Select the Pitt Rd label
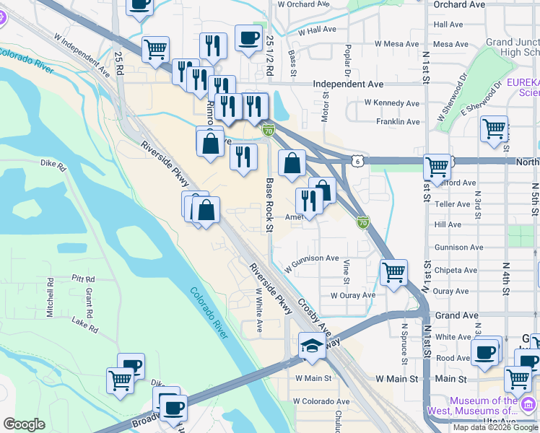pos(84,279)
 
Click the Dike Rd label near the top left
pos(53,164)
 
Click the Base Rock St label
pos(269,205)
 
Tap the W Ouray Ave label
pos(353,295)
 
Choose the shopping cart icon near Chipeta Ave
pos(393,272)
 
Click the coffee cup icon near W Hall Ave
pos(248,38)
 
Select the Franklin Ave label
pos(398,122)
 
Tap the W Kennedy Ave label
pos(392,103)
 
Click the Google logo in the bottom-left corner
pos(24,424)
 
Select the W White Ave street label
pos(258,310)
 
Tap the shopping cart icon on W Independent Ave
pos(155,50)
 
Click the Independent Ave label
pos(348,84)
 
